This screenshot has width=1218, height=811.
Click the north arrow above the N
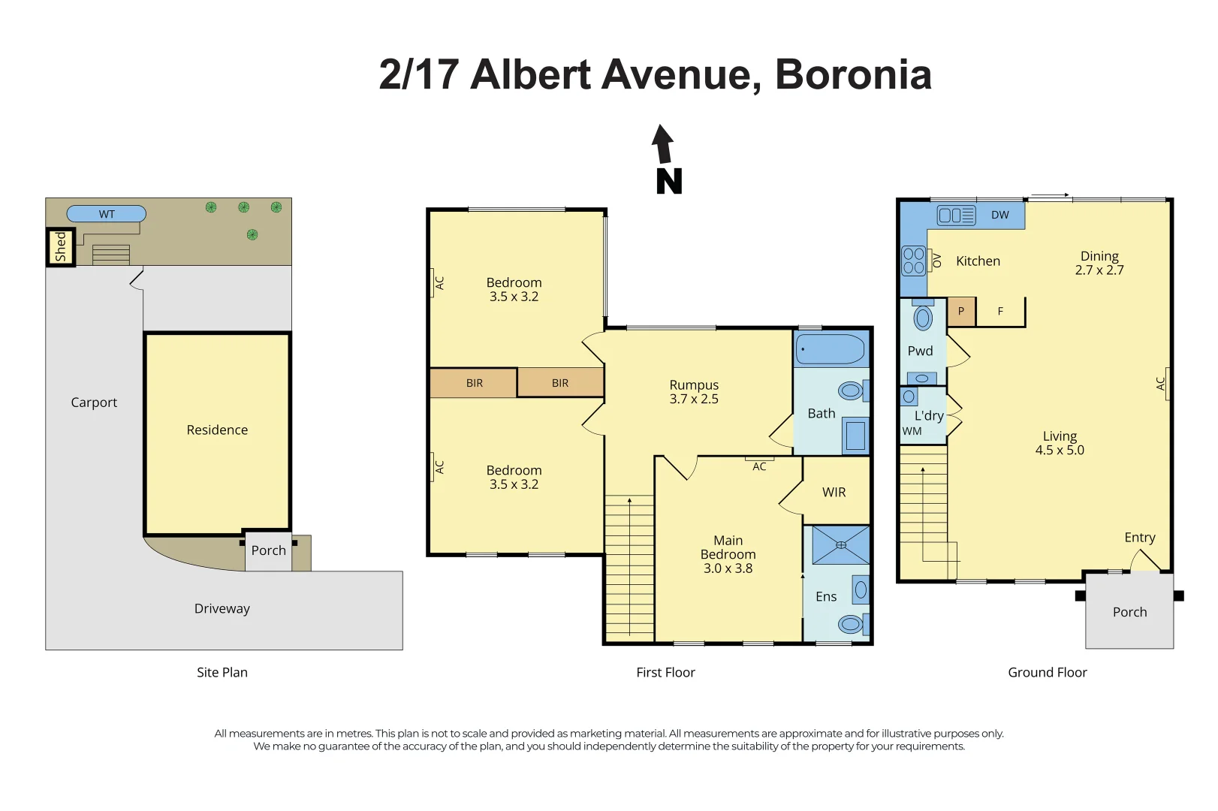click(x=662, y=144)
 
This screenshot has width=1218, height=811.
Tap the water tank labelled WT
click(x=107, y=214)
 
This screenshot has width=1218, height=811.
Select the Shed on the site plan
click(x=60, y=247)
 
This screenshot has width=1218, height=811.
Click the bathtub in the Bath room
click(x=831, y=349)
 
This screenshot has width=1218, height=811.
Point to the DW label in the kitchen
click(x=999, y=215)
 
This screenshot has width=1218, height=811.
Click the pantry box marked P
click(x=960, y=311)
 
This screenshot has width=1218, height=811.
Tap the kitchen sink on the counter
click(x=956, y=216)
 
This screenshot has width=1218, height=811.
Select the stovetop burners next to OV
click(x=913, y=261)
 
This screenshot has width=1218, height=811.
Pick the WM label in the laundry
click(x=912, y=431)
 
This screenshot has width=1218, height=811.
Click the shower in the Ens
click(x=840, y=545)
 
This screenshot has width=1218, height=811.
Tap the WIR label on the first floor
click(x=834, y=492)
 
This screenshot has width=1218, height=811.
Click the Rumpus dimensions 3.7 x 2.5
click(x=694, y=399)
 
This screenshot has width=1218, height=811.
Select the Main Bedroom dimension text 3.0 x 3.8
click(x=728, y=568)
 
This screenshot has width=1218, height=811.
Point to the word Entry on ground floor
click(x=1139, y=537)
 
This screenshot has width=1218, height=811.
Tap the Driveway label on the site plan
click(x=222, y=608)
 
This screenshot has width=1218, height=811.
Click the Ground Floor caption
click(x=1047, y=672)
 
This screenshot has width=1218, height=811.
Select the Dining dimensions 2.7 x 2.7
click(x=1099, y=270)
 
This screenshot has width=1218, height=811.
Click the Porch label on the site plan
click(x=268, y=550)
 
